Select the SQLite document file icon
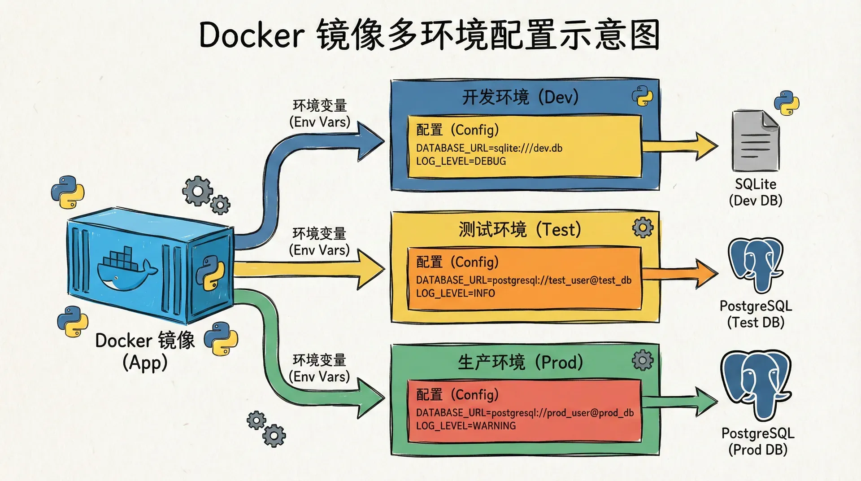(756, 141)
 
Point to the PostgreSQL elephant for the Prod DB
(756, 384)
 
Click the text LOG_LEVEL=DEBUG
(461, 161)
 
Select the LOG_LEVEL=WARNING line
(466, 425)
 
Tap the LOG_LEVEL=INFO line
(456, 293)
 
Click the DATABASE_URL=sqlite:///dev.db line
(489, 148)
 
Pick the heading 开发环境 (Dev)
(520, 97)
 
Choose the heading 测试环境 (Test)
(520, 230)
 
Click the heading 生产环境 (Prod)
(520, 362)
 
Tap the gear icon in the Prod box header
(643, 360)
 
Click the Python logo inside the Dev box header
(642, 96)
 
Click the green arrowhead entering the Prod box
(371, 397)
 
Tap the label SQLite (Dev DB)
(756, 192)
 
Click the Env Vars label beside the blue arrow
(320, 114)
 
